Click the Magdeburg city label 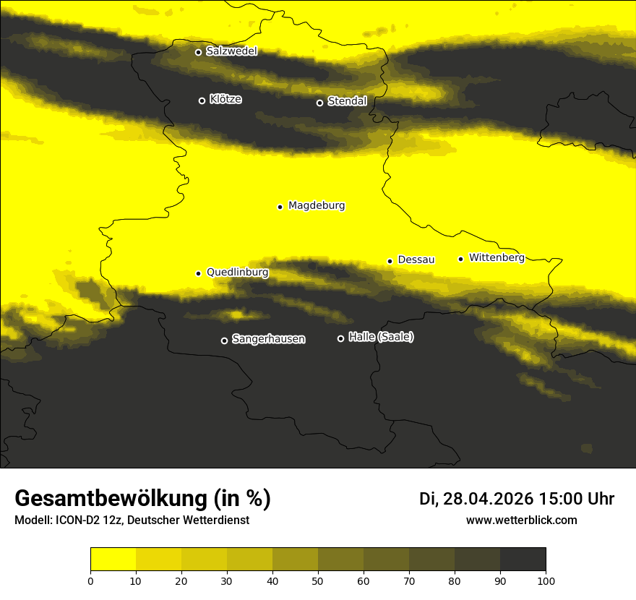317,206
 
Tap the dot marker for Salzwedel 198,52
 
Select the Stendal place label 347,101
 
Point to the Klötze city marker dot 202,100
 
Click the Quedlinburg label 237,273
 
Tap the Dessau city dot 390,261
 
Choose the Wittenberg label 497,257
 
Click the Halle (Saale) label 381,337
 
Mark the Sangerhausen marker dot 224,340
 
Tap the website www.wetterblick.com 521,520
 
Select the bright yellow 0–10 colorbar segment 113,560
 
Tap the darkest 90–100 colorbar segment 523,560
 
